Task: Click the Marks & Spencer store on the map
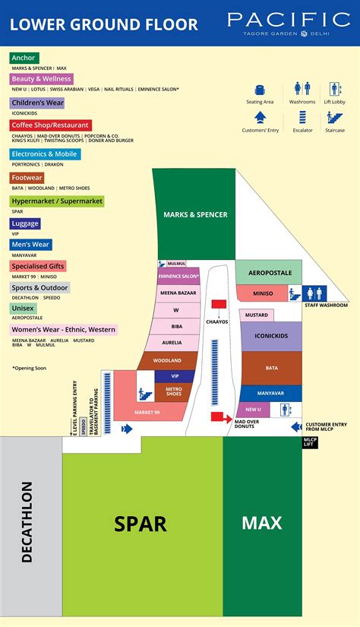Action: pyautogui.click(x=195, y=214)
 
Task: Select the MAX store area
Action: pyautogui.click(x=261, y=523)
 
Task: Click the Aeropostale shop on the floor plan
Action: pyautogui.click(x=269, y=272)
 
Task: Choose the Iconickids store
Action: pyautogui.click(x=272, y=336)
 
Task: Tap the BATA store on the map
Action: pyautogui.click(x=271, y=368)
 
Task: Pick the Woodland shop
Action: pyautogui.click(x=167, y=360)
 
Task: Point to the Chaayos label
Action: pyautogui.click(x=216, y=321)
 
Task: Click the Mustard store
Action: pyautogui.click(x=257, y=315)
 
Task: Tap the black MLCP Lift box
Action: pyautogui.click(x=310, y=442)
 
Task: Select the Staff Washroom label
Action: pyautogui.click(x=326, y=306)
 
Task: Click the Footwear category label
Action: pyautogui.click(x=27, y=178)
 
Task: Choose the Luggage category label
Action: pyautogui.click(x=25, y=223)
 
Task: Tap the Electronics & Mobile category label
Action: pyautogui.click(x=45, y=154)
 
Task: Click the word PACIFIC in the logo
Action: pyautogui.click(x=288, y=19)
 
